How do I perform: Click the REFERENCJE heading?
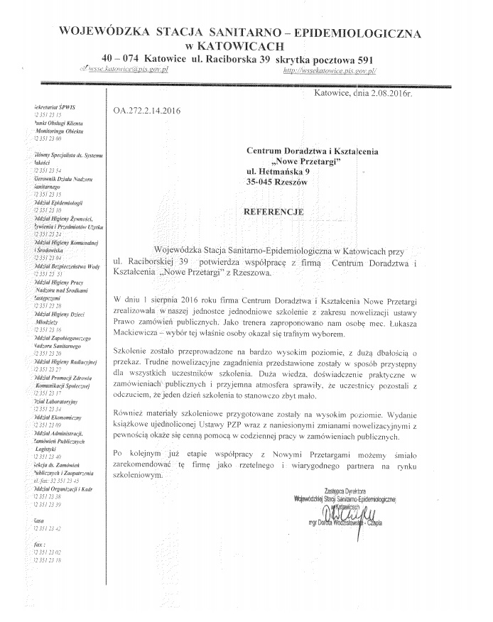[273, 212]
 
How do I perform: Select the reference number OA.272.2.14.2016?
[147, 111]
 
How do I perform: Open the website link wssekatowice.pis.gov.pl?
[329, 71]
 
